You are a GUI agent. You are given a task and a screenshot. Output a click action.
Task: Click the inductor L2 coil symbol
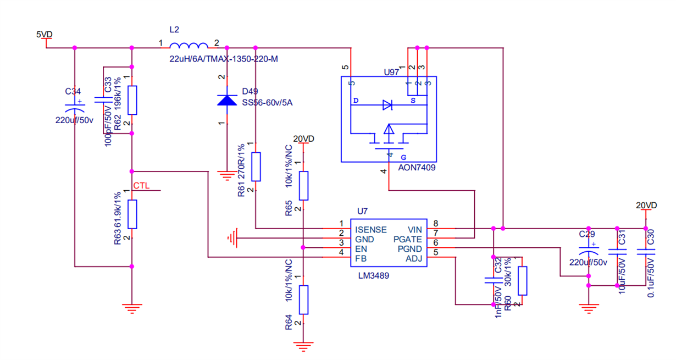(x=189, y=46)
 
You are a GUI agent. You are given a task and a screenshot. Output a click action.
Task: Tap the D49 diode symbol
(x=226, y=100)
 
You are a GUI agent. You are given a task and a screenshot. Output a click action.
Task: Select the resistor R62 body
(x=132, y=100)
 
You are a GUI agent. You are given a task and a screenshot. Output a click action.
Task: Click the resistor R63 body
(x=132, y=214)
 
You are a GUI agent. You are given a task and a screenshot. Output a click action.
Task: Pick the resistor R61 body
(x=256, y=167)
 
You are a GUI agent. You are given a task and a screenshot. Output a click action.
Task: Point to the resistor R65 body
(x=303, y=186)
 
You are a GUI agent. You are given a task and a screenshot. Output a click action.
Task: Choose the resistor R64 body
(x=303, y=300)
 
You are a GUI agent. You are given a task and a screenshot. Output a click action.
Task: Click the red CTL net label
(x=141, y=186)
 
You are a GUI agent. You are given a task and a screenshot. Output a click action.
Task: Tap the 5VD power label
(x=45, y=34)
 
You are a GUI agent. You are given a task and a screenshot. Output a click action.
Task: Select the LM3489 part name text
(x=373, y=276)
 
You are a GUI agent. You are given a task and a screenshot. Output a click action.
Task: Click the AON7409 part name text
(x=417, y=168)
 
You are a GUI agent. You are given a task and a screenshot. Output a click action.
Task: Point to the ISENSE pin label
(x=370, y=229)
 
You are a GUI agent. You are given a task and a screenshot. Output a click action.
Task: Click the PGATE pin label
(x=408, y=239)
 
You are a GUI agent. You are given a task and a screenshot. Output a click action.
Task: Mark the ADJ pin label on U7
(x=414, y=258)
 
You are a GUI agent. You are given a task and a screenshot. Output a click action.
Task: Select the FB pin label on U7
(x=361, y=258)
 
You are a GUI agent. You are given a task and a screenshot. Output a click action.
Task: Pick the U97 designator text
(x=392, y=72)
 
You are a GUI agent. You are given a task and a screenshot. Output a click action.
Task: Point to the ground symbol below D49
(x=226, y=176)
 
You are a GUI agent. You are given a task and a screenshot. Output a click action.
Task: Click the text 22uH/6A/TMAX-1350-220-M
(x=224, y=59)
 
